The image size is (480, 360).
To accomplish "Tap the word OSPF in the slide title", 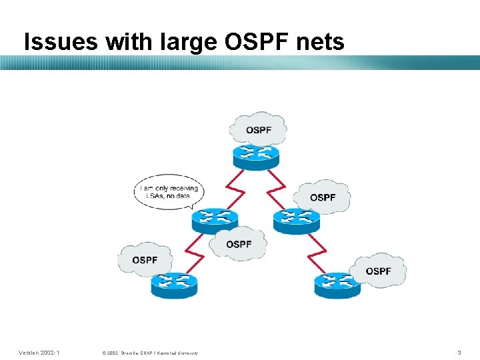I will click(252, 42).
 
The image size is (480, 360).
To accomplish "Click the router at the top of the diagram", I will click(256, 155).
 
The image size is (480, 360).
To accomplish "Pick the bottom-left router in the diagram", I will click(173, 285).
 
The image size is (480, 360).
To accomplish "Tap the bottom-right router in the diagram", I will click(337, 285).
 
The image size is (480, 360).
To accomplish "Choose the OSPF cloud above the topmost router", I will click(258, 129).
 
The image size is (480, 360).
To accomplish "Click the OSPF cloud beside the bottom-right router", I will click(378, 270).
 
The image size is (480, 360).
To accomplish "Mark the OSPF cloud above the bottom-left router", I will click(145, 259).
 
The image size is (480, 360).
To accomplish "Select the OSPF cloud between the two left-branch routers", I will click(238, 243).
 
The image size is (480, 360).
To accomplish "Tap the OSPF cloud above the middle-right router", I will click(322, 197).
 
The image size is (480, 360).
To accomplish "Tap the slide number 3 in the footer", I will click(459, 351).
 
